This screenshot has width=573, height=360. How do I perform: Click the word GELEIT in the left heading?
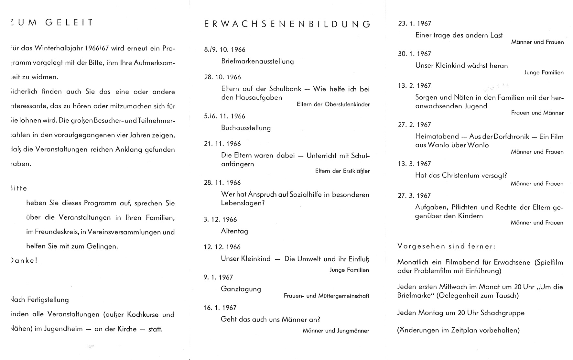69,23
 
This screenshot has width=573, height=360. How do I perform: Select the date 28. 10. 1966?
222,77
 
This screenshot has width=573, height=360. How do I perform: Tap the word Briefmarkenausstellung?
257,61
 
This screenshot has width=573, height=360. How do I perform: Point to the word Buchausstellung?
246,128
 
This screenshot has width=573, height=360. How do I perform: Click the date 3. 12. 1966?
220,220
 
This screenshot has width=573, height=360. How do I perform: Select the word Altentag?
234,231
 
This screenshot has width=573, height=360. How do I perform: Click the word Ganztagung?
241,289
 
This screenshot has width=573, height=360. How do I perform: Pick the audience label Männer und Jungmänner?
336,331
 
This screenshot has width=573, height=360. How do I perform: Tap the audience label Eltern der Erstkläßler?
342,171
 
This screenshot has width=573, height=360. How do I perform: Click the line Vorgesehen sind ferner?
446,246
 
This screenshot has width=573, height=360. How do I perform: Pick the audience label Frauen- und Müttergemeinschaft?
326,296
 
